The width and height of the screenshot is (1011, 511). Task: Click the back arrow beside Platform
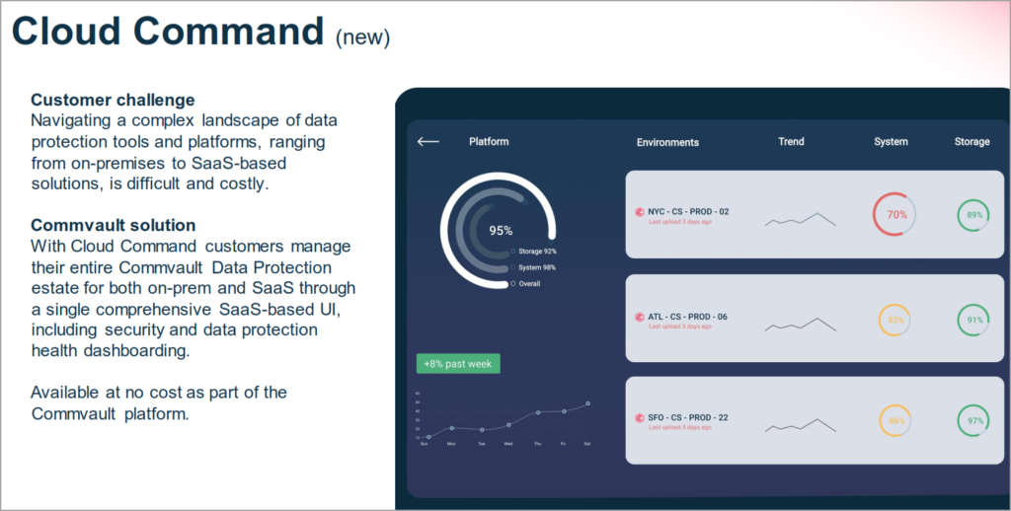428,142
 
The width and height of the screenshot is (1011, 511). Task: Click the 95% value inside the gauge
501,231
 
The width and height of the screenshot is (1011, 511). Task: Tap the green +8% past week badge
458,364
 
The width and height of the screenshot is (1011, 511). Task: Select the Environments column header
667,142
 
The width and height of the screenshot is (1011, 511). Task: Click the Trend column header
791,142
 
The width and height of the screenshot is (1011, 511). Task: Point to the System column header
891,142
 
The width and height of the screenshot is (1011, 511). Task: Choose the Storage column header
972,142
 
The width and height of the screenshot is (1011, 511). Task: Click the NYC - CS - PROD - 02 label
688,211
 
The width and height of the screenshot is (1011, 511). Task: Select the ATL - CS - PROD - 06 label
687,317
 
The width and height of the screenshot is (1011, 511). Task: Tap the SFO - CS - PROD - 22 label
687,417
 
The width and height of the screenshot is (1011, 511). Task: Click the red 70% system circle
894,214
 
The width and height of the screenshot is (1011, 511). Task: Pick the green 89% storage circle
974,215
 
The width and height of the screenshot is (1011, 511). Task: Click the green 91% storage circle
974,320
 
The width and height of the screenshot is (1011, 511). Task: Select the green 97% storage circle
974,421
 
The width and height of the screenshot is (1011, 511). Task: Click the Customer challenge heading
113,100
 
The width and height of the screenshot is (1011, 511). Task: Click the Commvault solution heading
113,225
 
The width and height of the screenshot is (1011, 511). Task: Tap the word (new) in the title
362,36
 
